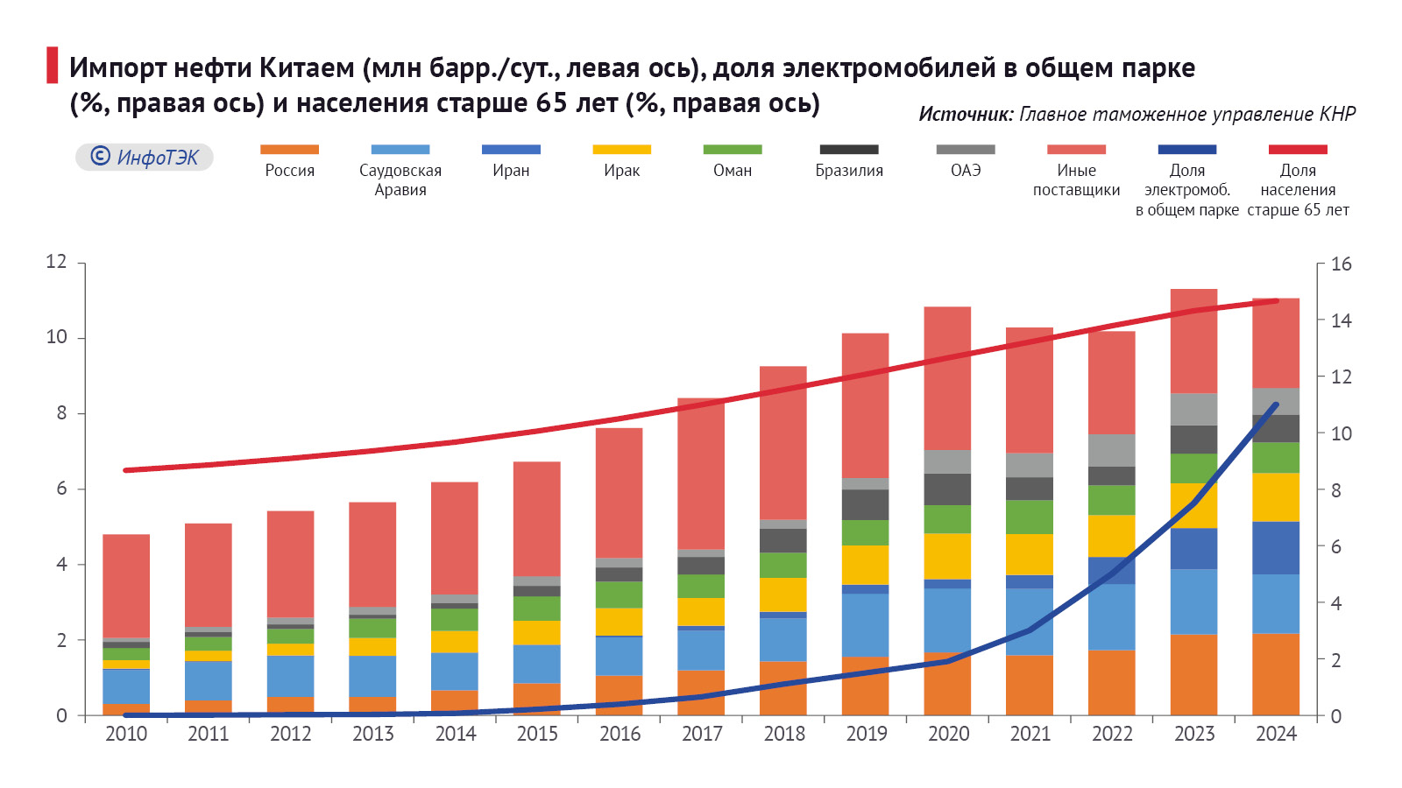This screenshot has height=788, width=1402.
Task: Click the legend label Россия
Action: click(289, 171)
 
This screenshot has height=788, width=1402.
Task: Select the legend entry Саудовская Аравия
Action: click(400, 180)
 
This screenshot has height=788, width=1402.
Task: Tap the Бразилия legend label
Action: click(849, 171)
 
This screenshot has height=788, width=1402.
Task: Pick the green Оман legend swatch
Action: click(733, 150)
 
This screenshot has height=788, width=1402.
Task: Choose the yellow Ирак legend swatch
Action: click(622, 150)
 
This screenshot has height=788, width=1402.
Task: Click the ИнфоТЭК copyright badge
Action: click(145, 157)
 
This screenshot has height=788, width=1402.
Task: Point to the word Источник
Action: click(965, 115)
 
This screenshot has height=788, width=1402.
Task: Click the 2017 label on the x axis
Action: click(702, 734)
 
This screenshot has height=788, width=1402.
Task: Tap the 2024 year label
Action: click(1276, 734)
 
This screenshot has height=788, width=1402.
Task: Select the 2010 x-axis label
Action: click(126, 734)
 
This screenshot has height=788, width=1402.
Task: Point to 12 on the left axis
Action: click(56, 262)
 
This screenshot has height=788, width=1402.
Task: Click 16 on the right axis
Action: click(1341, 264)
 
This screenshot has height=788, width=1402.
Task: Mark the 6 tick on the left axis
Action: click(61, 489)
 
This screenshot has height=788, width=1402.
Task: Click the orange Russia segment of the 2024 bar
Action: click(1276, 674)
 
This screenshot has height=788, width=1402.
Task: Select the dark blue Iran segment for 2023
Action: click(1193, 549)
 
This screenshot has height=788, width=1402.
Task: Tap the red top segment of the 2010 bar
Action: click(126, 585)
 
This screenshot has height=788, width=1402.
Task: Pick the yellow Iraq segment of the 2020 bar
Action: click(947, 556)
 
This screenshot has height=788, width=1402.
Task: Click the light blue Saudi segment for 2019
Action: click(865, 624)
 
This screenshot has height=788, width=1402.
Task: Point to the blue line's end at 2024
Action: click(1276, 405)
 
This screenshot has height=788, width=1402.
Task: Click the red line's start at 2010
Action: click(126, 470)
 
